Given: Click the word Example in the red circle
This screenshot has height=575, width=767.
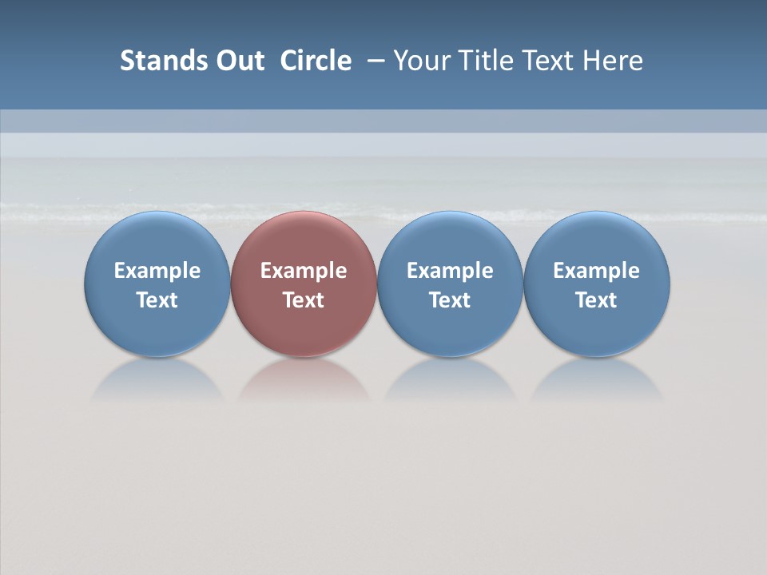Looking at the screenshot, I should point(304,271).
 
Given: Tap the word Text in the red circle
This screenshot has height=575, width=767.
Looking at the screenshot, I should point(304,300).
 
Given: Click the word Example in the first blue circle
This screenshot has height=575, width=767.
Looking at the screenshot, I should point(157,271).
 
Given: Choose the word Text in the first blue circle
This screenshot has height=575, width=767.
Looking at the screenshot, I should point(157,300).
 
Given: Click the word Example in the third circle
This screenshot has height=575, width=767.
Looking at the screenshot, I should point(450,271).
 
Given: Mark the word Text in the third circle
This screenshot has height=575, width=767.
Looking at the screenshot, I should point(450,300).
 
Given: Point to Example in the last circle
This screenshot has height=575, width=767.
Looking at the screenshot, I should point(597,271).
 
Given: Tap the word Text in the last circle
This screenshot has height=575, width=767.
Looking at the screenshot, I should point(597,300).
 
